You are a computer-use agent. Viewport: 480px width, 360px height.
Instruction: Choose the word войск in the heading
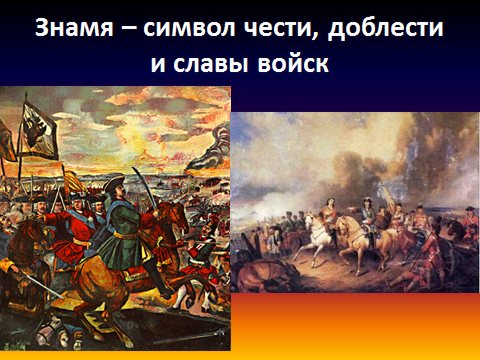(293, 63)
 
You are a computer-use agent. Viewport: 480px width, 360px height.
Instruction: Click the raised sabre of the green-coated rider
(145, 190)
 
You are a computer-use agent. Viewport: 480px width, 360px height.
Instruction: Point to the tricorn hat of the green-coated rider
(114, 184)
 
